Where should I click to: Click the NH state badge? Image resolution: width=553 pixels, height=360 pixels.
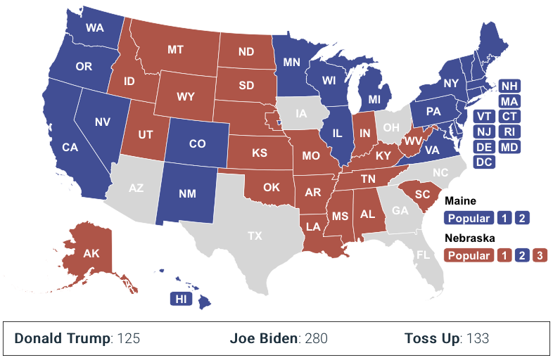(x=509, y=86)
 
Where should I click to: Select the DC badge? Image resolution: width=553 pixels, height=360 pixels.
(x=484, y=162)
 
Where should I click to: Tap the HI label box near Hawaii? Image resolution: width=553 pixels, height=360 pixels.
(x=181, y=299)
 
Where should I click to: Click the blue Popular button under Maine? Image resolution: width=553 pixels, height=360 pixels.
(x=469, y=217)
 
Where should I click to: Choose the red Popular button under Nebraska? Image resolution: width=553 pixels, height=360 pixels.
(x=469, y=255)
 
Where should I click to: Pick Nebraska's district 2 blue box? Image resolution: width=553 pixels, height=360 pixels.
(x=521, y=255)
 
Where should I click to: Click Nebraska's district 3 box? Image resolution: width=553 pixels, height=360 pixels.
(x=538, y=255)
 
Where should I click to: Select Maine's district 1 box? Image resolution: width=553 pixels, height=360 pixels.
(x=504, y=217)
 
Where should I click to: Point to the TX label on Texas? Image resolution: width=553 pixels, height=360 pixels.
(x=255, y=236)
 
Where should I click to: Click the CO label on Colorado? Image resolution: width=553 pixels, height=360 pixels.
(x=197, y=143)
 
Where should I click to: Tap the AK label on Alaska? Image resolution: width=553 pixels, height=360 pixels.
(x=91, y=253)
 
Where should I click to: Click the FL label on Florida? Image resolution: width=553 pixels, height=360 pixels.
(x=423, y=255)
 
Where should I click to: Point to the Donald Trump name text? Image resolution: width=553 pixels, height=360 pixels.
(x=63, y=338)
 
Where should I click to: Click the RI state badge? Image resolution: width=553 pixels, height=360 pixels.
(x=509, y=131)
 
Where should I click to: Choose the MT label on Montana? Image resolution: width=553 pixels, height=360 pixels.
(x=176, y=50)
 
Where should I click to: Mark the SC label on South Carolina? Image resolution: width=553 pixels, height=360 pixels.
(x=422, y=194)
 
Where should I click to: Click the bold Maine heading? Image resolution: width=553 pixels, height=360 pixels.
(x=460, y=201)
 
